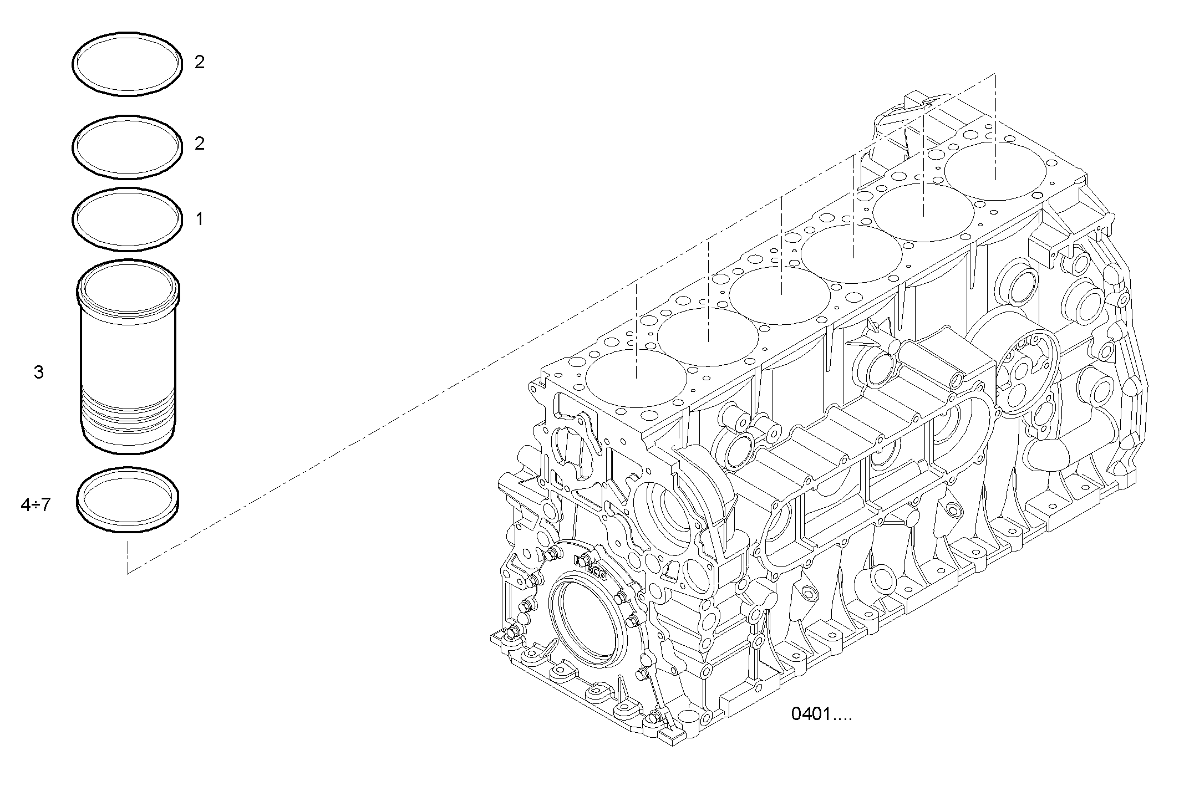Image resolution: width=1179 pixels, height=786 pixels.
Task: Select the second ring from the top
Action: point(127,120)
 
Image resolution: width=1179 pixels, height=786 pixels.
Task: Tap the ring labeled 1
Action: point(127,192)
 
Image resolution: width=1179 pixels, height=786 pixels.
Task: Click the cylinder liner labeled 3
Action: point(128,355)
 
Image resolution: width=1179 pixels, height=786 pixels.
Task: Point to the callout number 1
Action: point(199,220)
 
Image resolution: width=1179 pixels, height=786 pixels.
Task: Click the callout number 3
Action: point(38,372)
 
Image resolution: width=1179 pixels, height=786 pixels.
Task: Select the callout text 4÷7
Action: point(35,506)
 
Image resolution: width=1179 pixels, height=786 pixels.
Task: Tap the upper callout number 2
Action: point(200,62)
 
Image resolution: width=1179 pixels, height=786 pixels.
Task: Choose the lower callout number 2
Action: point(200,144)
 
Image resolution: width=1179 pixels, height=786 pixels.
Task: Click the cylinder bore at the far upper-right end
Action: point(995,171)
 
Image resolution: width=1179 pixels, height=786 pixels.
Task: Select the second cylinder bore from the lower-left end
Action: point(708,336)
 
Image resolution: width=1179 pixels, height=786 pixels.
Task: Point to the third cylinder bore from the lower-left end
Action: point(780,295)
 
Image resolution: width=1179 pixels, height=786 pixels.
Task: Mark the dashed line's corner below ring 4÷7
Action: point(128,573)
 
